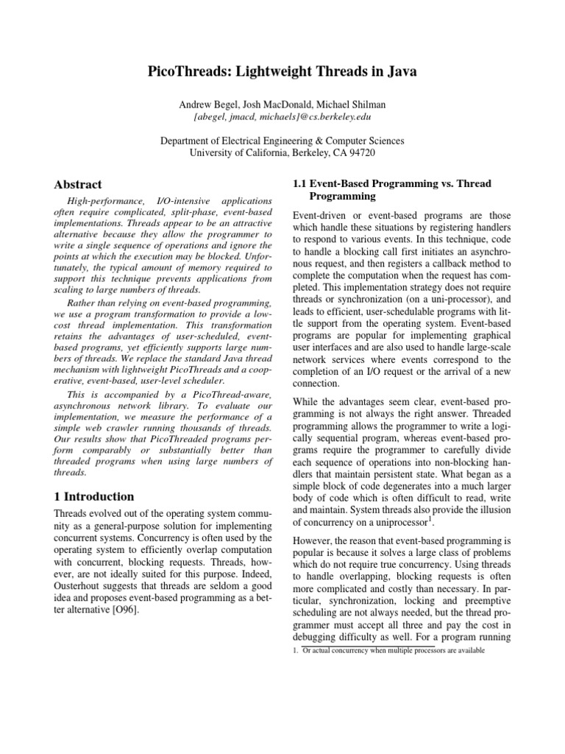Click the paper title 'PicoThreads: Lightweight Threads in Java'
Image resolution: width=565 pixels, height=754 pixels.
[x=282, y=71]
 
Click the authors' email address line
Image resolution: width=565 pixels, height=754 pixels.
[x=282, y=116]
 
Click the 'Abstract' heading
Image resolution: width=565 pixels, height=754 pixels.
[x=79, y=184]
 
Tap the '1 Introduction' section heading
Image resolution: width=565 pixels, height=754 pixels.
[x=95, y=496]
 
